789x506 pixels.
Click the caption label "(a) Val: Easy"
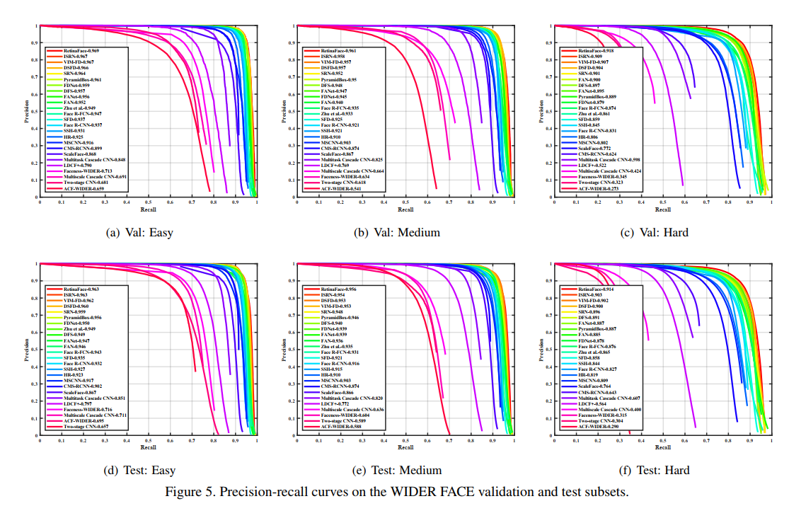[x=139, y=232]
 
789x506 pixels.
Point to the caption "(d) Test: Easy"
[x=139, y=470]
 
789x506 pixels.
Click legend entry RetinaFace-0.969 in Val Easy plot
[x=81, y=51]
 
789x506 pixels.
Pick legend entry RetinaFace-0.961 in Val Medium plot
[x=338, y=51]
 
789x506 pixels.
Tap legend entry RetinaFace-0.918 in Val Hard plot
[x=596, y=51]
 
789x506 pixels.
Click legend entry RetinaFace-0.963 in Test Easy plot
[x=81, y=289]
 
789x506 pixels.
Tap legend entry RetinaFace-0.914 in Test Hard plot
[x=596, y=289]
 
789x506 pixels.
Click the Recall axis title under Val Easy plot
[x=148, y=209]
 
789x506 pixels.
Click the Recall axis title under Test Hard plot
[x=662, y=447]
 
